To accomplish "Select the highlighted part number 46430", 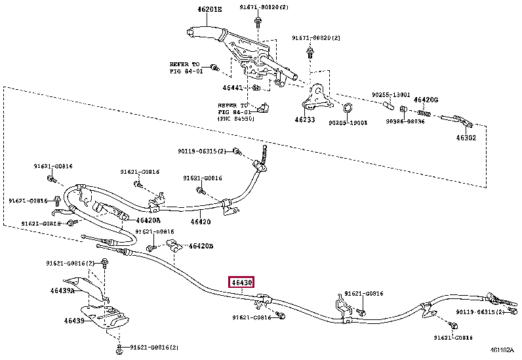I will (241, 283).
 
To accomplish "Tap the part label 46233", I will (304, 120).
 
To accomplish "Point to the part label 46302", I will (467, 138).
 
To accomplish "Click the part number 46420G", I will (426, 100).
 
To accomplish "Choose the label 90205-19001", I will (348, 123).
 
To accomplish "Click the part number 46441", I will (233, 87).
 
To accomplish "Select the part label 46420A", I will (148, 220).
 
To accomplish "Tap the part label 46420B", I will (201, 247).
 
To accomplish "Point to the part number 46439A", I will (63, 289).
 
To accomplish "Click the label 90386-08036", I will (405, 121).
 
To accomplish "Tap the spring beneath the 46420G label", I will (425, 113).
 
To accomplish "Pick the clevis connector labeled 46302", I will (459, 120).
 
